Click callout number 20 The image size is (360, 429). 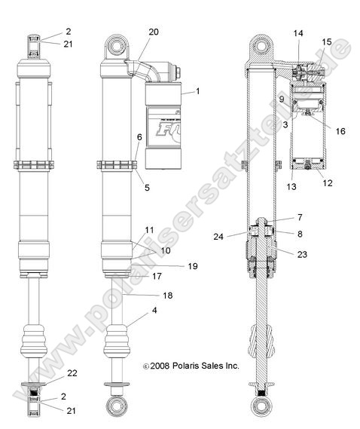point(154,32)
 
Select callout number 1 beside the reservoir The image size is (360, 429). point(198,90)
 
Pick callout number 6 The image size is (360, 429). point(139,137)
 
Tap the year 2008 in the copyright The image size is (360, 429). point(160,365)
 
